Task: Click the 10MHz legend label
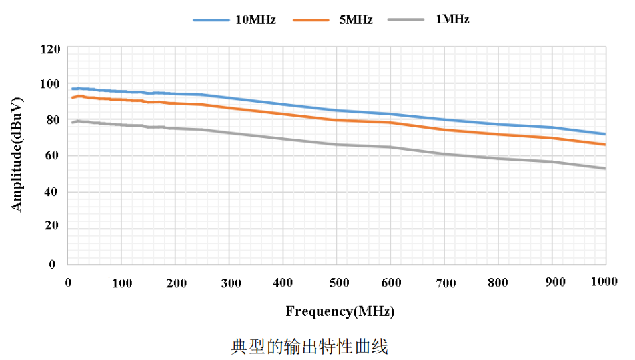point(255,20)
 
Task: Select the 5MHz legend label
point(356,20)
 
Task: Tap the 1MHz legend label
point(452,20)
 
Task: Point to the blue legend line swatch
point(210,21)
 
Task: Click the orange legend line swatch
point(311,21)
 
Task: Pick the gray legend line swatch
point(408,21)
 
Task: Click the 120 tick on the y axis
point(49,49)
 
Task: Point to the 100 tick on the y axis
point(49,85)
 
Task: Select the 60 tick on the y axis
point(52,156)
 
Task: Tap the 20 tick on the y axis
point(52,227)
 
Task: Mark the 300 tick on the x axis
point(230,283)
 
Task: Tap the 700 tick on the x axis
point(444,283)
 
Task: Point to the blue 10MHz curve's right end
point(604,134)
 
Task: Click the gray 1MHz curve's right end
point(604,168)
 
